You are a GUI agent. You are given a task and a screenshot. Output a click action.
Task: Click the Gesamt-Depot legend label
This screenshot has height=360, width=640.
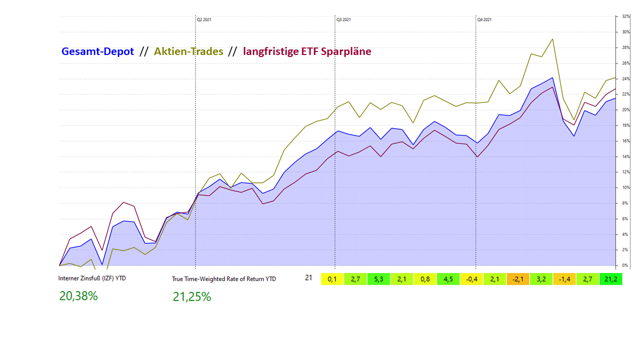97,51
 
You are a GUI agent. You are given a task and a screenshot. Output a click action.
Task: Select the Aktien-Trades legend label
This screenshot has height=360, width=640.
189,51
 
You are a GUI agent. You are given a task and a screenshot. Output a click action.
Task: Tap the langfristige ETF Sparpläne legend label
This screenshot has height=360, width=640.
307,51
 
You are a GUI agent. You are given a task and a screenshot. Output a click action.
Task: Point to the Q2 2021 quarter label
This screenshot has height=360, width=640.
204,19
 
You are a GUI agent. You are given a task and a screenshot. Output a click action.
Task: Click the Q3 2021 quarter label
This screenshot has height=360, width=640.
343,19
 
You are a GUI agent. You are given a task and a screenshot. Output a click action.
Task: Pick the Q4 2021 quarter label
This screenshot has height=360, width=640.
484,19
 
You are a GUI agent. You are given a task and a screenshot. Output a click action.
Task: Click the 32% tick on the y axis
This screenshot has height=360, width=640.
625,16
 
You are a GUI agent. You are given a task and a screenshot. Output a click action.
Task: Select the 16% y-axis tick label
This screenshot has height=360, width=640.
625,141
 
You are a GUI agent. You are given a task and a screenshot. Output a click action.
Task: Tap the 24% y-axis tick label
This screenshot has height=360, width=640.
625,79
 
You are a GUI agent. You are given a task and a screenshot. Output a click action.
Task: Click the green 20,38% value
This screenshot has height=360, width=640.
78,296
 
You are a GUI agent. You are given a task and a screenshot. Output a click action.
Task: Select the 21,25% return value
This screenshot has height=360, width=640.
192,297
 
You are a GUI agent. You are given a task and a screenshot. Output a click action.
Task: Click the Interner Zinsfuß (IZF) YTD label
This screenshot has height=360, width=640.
92,278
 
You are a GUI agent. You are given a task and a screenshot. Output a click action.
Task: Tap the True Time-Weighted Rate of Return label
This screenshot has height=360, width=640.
224,279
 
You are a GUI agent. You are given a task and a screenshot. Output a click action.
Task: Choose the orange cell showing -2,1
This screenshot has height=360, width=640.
518,279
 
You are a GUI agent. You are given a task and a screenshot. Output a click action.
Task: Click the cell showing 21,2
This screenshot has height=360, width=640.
610,279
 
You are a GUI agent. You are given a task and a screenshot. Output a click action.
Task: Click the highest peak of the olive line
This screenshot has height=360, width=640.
552,39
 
